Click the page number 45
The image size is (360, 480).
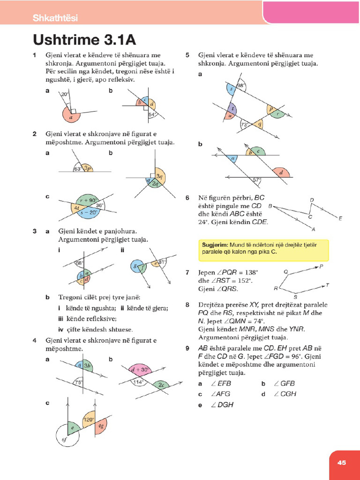(341, 462)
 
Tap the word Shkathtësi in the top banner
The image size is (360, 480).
(55, 18)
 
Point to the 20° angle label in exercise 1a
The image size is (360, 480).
(65, 94)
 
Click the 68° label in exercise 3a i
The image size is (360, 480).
(79, 263)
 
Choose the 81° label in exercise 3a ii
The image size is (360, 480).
(162, 262)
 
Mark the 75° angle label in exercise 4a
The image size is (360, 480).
(79, 382)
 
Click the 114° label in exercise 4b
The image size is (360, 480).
(138, 382)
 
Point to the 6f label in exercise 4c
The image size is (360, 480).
(65, 439)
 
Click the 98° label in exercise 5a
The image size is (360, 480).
(241, 86)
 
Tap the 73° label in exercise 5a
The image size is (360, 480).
(244, 125)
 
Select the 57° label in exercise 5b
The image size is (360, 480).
(256, 180)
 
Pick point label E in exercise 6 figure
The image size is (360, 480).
(340, 218)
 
